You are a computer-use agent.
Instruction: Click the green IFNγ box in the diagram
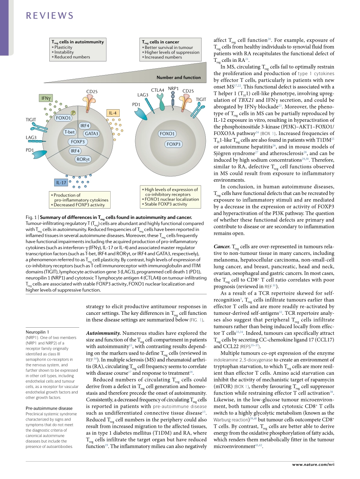(46, 98)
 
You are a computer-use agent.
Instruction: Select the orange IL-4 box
(113, 113)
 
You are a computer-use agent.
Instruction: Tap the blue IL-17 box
(61, 183)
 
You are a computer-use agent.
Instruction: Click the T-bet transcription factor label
(69, 132)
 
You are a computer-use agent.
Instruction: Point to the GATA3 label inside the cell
(92, 133)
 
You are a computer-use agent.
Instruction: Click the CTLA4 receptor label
(157, 90)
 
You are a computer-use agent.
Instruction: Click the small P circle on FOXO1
(74, 113)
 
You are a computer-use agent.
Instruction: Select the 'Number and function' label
(178, 77)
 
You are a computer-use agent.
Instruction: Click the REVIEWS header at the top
(49, 16)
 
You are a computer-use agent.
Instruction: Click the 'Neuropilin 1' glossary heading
(37, 331)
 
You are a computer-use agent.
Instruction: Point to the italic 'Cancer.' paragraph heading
(222, 247)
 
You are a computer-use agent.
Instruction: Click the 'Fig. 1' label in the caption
(31, 217)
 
